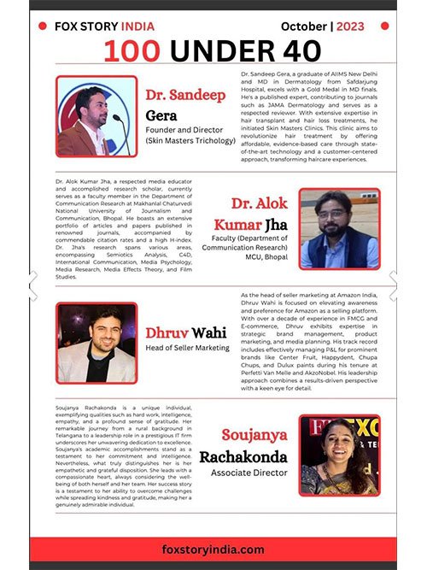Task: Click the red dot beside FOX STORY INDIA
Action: [43, 26]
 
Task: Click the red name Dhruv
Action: [165, 332]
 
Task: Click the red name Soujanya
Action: [254, 435]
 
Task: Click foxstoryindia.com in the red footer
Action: [213, 549]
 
